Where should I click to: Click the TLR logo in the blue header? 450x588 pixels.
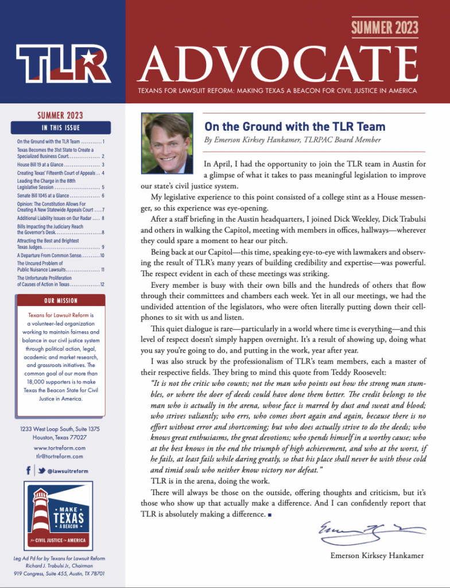63,63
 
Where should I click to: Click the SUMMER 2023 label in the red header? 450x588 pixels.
385,26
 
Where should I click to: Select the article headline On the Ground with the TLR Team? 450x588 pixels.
294,127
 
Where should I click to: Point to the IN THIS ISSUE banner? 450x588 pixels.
60,127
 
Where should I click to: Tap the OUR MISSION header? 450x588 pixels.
60,301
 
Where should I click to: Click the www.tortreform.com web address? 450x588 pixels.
60,448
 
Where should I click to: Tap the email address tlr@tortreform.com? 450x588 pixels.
60,457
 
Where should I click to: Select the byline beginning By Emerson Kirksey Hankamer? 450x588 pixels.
292,140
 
